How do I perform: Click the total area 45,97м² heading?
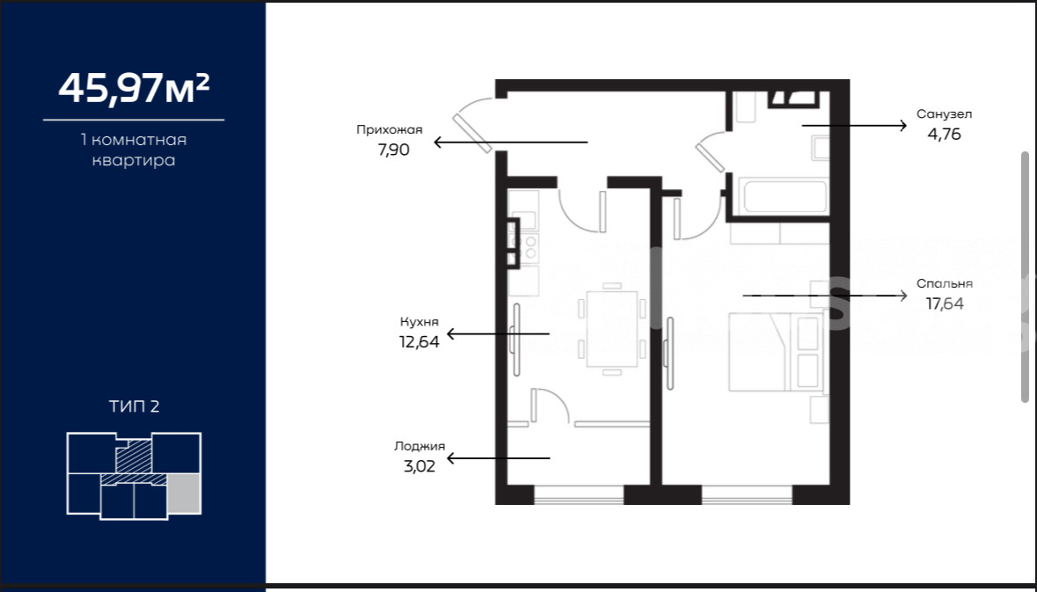tap(135, 87)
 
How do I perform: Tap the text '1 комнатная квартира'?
tap(134, 150)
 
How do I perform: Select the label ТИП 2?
tap(135, 406)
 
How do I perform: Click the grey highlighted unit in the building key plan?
tap(184, 493)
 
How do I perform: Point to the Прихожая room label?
tap(389, 129)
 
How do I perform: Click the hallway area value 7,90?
tap(393, 150)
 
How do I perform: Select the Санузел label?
tap(944, 113)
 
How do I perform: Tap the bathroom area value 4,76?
tap(944, 135)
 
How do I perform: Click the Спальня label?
tap(945, 284)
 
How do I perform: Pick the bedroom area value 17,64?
tap(945, 303)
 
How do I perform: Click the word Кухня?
tap(420, 322)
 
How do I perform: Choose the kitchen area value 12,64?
tap(420, 343)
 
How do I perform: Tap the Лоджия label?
tap(420, 447)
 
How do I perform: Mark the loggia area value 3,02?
tap(420, 466)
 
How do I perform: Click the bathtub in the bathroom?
tap(785, 196)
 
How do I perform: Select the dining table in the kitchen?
tap(612, 329)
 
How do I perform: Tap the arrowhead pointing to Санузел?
tap(902, 125)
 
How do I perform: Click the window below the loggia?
tap(579, 494)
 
